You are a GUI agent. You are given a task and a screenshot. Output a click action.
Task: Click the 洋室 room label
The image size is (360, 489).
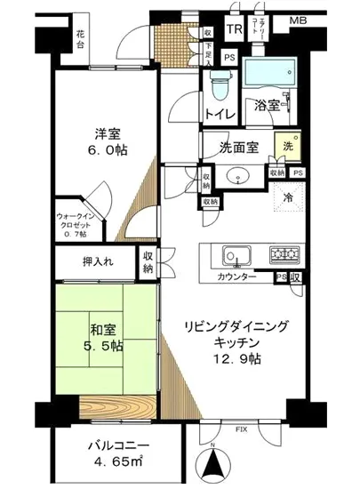(109, 135)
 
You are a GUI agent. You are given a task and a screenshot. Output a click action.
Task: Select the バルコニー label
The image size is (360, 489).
(112, 445)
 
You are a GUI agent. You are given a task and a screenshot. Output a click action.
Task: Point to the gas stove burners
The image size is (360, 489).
(285, 256)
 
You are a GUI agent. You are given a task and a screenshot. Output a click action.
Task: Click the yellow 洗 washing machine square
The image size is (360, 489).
(288, 145)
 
